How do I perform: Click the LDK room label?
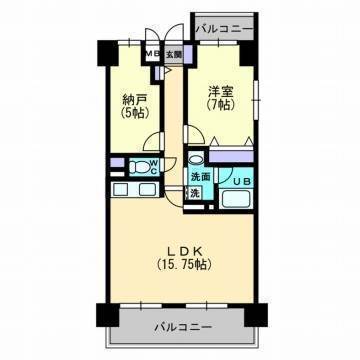(183, 251)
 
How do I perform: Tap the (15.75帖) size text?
(184, 265)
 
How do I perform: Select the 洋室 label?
(220, 92)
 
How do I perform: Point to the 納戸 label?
(135, 99)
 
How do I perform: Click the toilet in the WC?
(139, 166)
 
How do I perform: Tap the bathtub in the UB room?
(236, 200)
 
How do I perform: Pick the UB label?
(241, 182)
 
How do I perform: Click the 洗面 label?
(201, 177)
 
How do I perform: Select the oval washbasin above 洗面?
(196, 158)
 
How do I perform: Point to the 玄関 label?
(174, 54)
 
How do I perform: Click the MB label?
(153, 54)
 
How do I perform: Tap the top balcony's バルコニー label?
(224, 29)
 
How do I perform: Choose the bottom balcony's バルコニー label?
(183, 327)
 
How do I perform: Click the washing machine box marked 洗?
(195, 194)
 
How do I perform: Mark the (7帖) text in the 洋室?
(220, 105)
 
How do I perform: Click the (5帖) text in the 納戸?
(135, 113)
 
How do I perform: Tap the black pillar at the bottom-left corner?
(108, 315)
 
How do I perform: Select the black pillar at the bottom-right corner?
(256, 315)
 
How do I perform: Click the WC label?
(154, 166)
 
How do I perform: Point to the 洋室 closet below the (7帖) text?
(231, 156)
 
